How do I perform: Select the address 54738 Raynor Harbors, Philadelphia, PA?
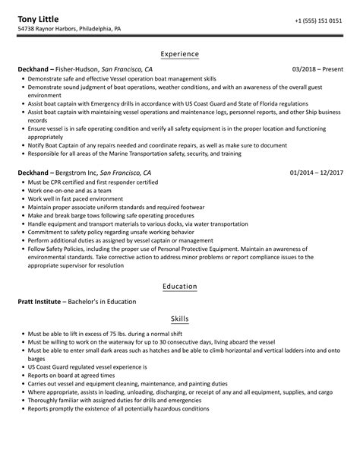(x=69, y=29)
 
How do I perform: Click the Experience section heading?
(x=180, y=54)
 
